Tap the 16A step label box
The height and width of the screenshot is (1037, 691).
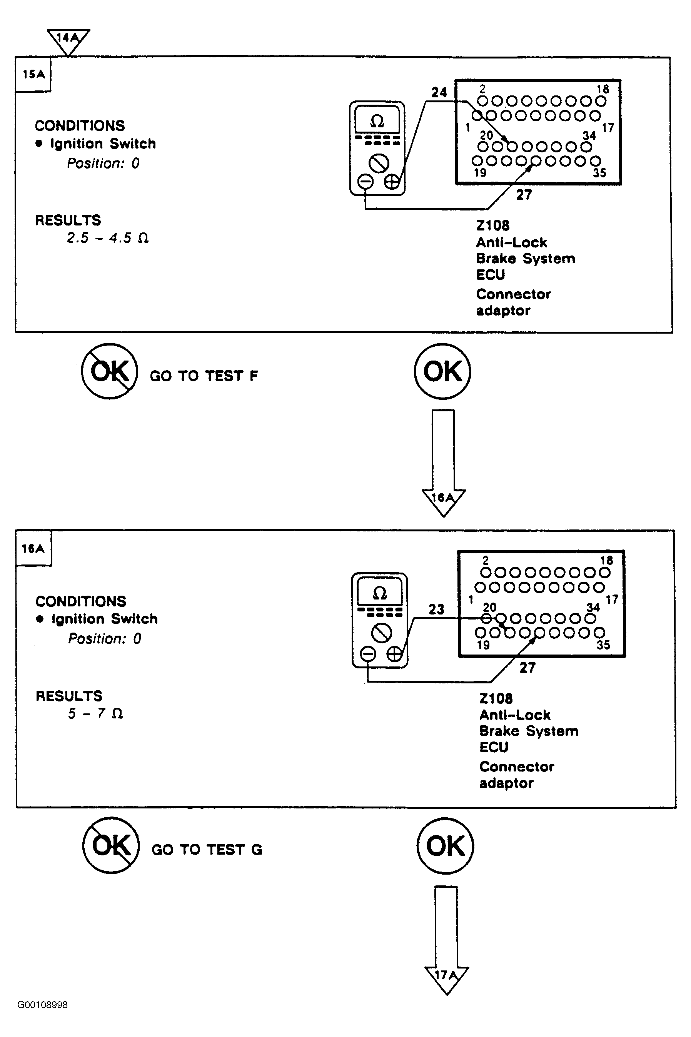[x=33, y=548]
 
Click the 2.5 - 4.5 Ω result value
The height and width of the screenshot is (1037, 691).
[x=107, y=238]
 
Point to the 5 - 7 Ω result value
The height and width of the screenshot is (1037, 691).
[x=95, y=713]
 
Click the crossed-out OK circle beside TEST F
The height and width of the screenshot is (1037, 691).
[x=110, y=371]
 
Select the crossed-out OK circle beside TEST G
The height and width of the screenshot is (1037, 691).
[x=111, y=845]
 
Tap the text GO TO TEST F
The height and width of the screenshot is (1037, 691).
[x=204, y=376]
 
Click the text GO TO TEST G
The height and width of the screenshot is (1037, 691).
[x=207, y=849]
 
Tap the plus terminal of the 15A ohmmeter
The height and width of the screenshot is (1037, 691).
[x=392, y=181]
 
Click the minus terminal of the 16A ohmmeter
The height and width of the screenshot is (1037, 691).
[x=368, y=654]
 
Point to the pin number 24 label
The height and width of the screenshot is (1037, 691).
[x=439, y=93]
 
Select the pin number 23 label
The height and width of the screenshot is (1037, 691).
[x=436, y=609]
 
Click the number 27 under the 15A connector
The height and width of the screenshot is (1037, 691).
[x=524, y=195]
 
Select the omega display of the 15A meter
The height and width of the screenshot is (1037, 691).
[x=377, y=120]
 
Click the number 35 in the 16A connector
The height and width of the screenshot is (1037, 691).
[x=603, y=645]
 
